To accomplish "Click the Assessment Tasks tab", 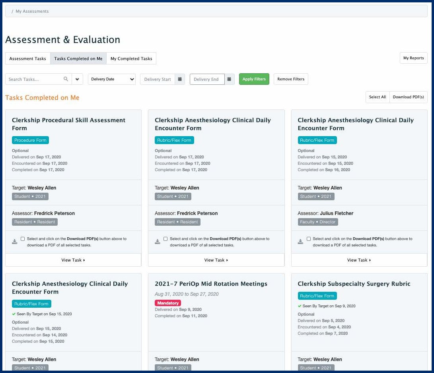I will click(x=27, y=59).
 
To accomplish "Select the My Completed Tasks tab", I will click(x=131, y=59).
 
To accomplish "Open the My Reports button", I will click(x=413, y=58).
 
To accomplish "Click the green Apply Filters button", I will click(x=254, y=79).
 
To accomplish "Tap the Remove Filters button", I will click(x=290, y=79).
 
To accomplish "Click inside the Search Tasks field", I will click(x=35, y=79).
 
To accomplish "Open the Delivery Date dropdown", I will click(x=111, y=79).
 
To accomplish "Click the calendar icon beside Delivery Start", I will click(x=180, y=79).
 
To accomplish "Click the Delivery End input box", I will click(x=207, y=79).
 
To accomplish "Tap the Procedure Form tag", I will click(x=30, y=140).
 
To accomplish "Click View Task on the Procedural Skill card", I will click(x=73, y=260).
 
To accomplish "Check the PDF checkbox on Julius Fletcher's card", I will click(x=309, y=239).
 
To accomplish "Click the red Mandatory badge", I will click(x=168, y=303).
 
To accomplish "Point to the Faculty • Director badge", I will click(x=318, y=222).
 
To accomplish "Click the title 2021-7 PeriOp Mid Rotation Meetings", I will click(x=211, y=284).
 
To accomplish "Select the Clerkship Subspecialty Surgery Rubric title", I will click(x=354, y=284).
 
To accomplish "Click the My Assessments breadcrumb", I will click(x=32, y=11).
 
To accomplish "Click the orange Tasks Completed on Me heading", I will click(x=42, y=98).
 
